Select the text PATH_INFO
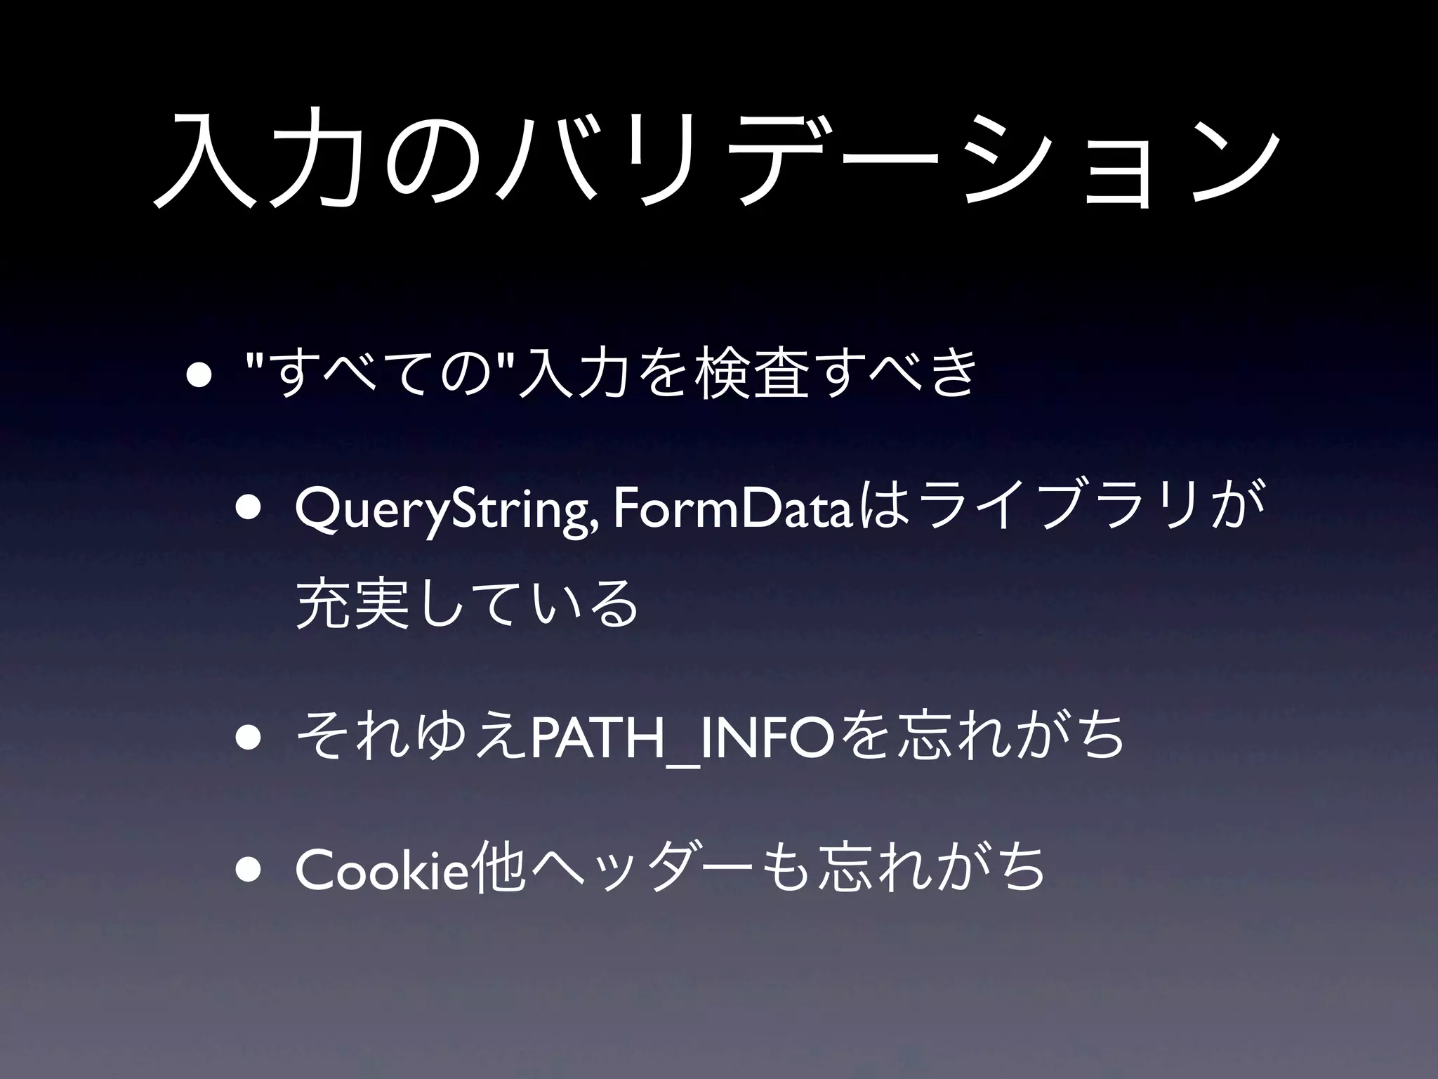(681, 737)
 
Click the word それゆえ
(411, 736)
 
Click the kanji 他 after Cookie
(499, 868)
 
